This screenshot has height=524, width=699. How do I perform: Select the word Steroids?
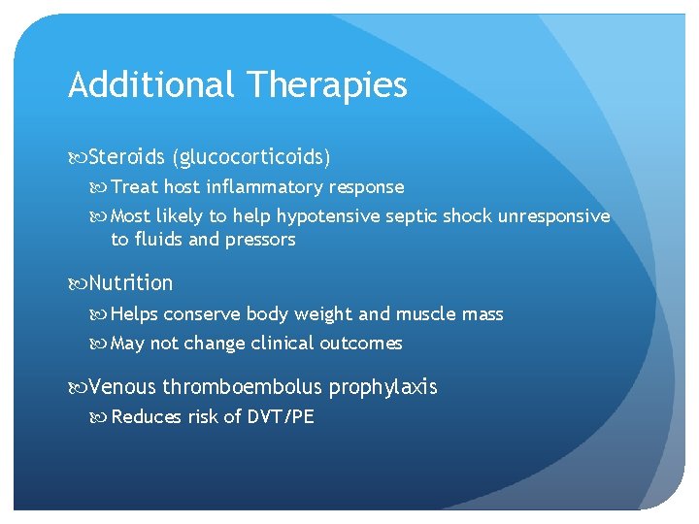pos(126,156)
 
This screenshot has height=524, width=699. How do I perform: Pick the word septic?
pos(413,216)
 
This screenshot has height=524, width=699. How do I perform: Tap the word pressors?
pos(259,240)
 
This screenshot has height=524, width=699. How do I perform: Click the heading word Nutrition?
pos(130,283)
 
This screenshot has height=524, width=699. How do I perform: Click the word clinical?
pos(283,344)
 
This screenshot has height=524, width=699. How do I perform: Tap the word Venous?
pos(121,387)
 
